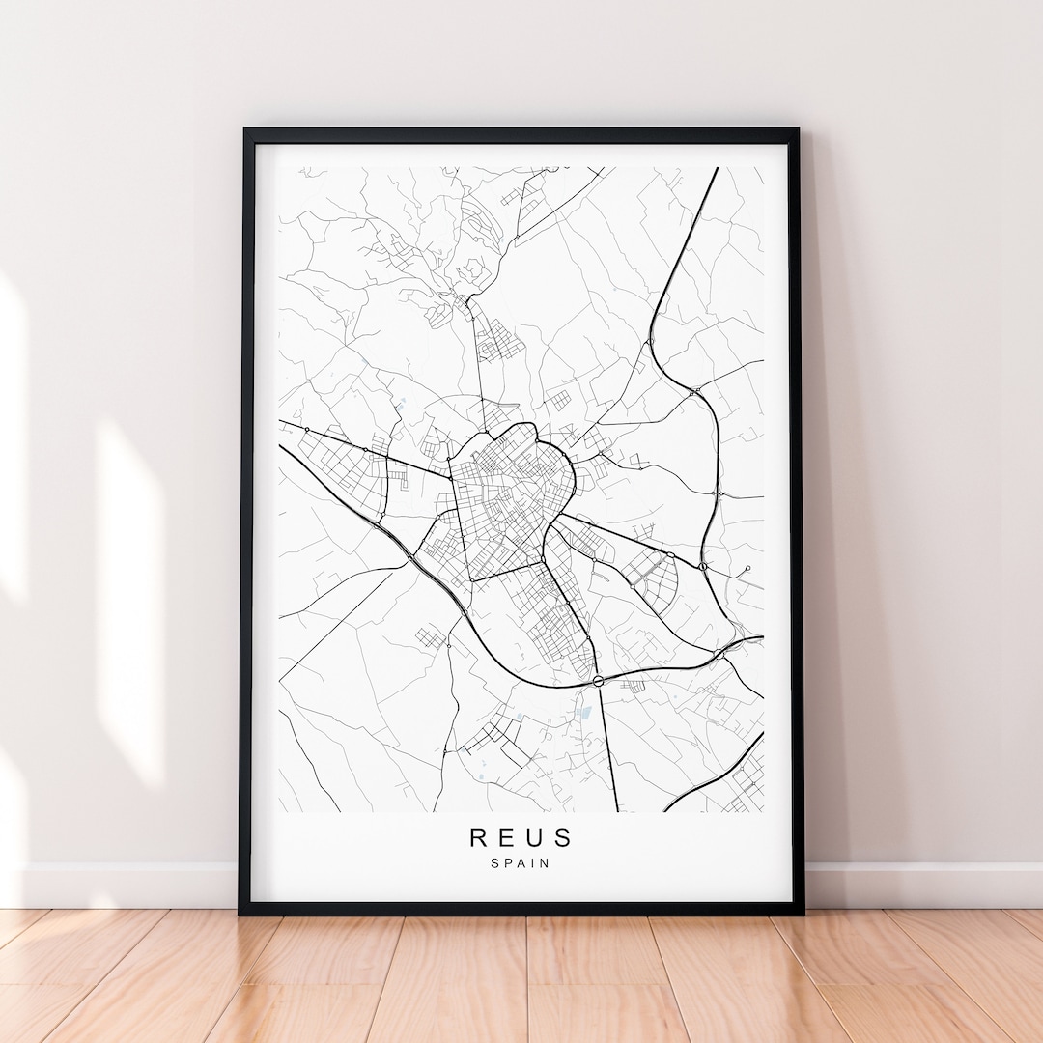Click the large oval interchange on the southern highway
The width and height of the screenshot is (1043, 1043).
click(599, 681)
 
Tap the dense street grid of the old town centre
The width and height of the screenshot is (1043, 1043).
click(507, 493)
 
